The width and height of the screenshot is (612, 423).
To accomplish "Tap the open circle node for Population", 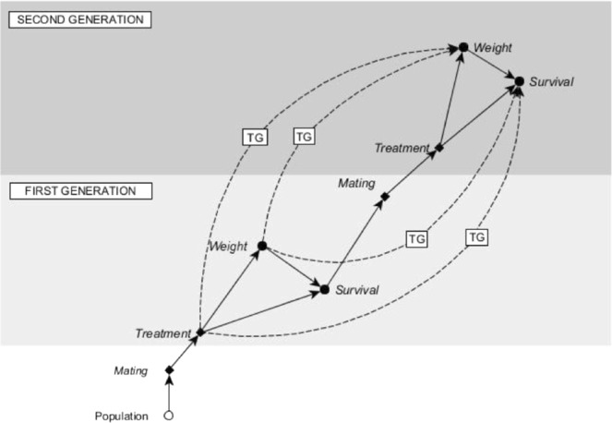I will point(169,415).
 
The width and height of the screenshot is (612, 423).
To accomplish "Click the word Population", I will point(122,416).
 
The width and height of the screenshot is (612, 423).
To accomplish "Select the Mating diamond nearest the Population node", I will point(169,370).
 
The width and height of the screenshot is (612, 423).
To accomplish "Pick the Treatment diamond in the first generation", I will point(200,332).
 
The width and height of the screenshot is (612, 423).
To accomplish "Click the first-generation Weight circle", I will point(262,246).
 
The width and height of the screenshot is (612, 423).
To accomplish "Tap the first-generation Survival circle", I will point(325,289).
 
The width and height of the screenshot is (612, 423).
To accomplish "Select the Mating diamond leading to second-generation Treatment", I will point(385,196).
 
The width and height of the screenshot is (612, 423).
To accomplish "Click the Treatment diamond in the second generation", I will point(439,147).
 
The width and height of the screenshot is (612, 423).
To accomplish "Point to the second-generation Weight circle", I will point(464,46).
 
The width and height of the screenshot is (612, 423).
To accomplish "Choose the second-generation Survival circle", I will point(520,82).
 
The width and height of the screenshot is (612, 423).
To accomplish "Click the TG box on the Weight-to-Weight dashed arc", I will point(304,136).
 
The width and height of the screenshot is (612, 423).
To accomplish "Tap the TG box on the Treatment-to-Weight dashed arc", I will point(256,137).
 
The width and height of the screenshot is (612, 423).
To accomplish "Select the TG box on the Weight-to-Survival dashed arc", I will point(417,238).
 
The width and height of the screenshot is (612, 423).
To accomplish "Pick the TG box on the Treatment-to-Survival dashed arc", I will point(476,237).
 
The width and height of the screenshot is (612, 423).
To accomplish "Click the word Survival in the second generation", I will point(551,82).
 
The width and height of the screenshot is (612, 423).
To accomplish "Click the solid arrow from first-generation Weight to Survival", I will point(293,268).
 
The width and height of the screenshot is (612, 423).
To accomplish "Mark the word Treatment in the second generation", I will point(402,148).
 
